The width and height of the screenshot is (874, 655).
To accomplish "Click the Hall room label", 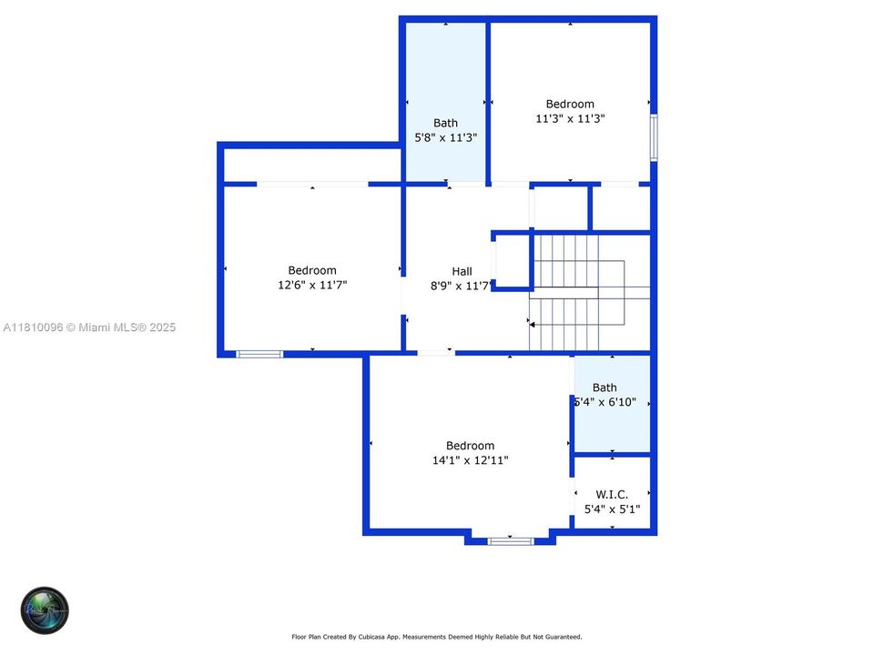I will tap(462, 271).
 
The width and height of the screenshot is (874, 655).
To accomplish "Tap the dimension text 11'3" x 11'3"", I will tap(571, 118).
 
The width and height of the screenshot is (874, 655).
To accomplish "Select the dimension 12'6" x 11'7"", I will tap(312, 285).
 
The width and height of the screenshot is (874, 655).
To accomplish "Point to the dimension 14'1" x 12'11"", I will tap(470, 460).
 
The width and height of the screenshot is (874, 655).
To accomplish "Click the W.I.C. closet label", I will tap(612, 494).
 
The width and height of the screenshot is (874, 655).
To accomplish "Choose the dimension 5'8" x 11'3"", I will tap(445, 137).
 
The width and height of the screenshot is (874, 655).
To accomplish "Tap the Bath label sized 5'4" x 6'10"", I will tap(605, 388).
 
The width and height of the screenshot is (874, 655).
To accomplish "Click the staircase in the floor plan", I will tap(578, 291).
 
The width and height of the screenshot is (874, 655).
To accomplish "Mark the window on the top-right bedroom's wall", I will tap(654, 137).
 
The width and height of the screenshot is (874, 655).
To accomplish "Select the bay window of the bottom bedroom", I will tap(510, 541).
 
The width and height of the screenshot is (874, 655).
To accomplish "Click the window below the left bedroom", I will tap(259, 354).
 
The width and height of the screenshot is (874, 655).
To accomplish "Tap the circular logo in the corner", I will tap(45, 610).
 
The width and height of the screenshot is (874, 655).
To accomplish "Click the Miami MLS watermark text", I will tap(89, 327).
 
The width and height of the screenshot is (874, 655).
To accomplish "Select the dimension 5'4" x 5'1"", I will tap(612, 509).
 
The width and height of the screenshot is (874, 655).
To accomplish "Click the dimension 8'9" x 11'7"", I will tap(462, 286).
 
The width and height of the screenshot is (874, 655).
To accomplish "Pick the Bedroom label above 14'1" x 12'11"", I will tap(470, 446).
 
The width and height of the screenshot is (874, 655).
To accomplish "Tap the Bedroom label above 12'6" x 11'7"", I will tap(312, 270).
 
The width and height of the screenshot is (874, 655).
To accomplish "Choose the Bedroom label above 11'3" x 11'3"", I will tap(570, 104).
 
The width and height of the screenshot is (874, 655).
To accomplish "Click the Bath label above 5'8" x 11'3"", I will tap(445, 123).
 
